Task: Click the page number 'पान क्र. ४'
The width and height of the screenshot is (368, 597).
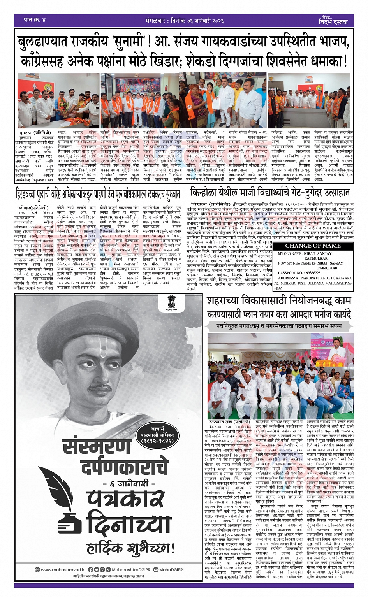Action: pyautogui.click(x=34, y=20)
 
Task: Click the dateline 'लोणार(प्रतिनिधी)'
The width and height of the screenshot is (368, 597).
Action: pyautogui.click(x=33, y=208)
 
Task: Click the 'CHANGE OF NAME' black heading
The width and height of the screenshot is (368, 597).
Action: pyautogui.click(x=313, y=246)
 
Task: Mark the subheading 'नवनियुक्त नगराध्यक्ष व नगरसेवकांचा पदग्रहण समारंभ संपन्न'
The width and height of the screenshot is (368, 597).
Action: pyautogui.click(x=279, y=325)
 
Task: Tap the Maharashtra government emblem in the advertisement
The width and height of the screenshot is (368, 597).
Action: pyautogui.click(x=171, y=302)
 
